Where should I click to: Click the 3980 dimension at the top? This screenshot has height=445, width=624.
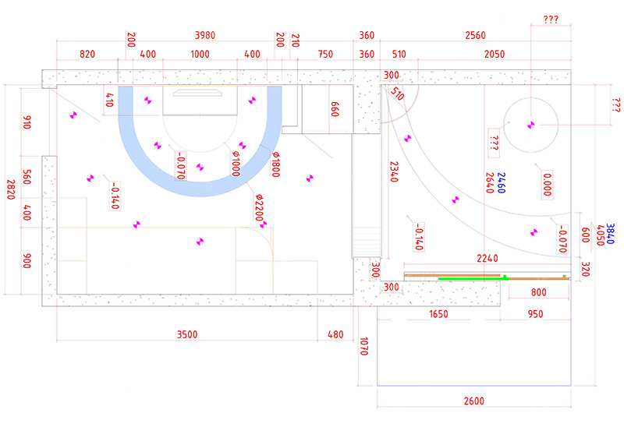pyautogui.click(x=205, y=35)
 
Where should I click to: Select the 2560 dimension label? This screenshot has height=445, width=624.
pyautogui.click(x=476, y=35)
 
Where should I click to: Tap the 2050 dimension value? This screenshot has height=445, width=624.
pyautogui.click(x=495, y=54)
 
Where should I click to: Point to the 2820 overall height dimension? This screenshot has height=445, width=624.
pyautogui.click(x=11, y=189)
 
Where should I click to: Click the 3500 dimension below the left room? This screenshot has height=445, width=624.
pyautogui.click(x=187, y=334)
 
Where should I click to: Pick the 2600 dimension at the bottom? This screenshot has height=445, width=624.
pyautogui.click(x=474, y=401)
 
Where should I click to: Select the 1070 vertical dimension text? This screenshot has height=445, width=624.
pyautogui.click(x=363, y=346)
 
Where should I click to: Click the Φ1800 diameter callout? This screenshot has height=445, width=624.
pyautogui.click(x=275, y=164)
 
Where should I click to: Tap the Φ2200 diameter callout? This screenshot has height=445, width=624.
pyautogui.click(x=259, y=207)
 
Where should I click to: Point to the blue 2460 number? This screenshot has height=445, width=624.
pyautogui.click(x=501, y=183)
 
